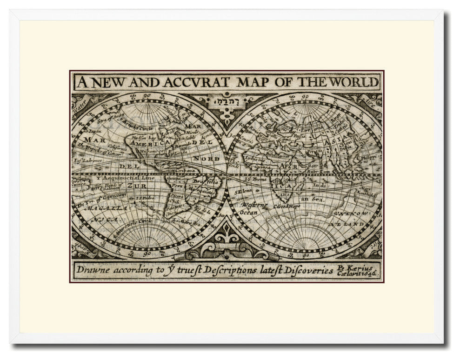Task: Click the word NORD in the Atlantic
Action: click(x=203, y=159)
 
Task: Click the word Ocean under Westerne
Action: click(x=249, y=212)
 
